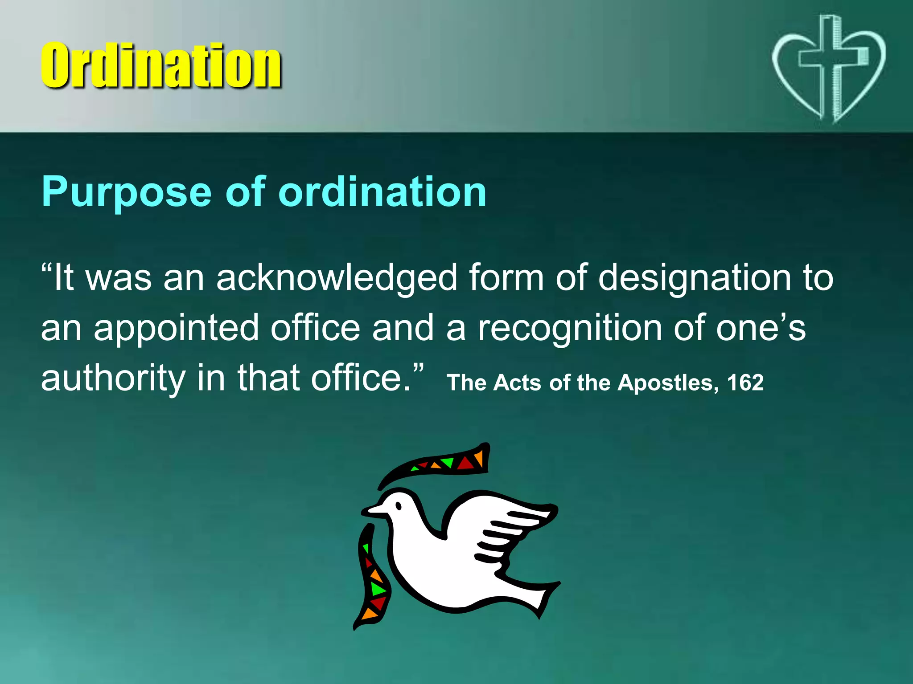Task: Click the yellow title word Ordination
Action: pos(160,66)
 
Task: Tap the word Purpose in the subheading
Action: pos(126,192)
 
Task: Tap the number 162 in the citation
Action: pos(745,383)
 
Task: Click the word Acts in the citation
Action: pos(517,383)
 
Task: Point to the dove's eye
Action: pos(399,506)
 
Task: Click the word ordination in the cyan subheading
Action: pos(382,192)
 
